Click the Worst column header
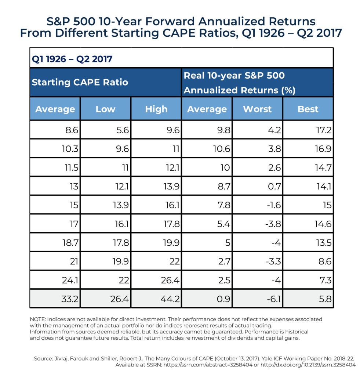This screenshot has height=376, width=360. [257, 109]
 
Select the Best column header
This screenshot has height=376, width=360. [308, 109]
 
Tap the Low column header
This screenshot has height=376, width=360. [105, 109]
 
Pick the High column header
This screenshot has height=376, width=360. [156, 109]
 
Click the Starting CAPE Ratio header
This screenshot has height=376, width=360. [80, 82]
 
